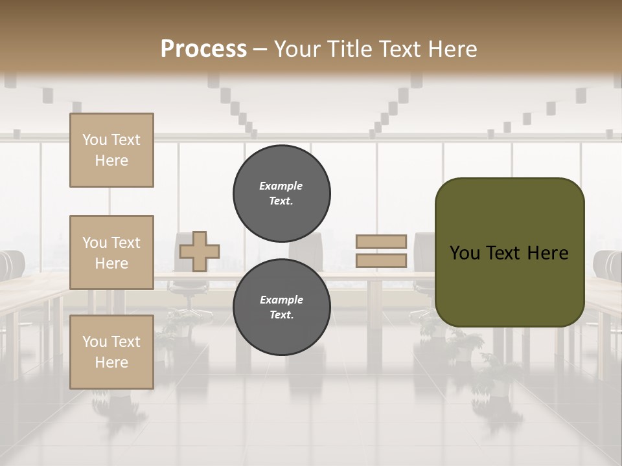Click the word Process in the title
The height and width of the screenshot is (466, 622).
203,49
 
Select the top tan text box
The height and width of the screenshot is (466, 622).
111,150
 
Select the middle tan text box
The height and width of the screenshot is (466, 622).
111,252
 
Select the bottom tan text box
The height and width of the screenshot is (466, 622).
111,352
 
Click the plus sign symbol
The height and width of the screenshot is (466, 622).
200,251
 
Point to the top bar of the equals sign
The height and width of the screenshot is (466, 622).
381,242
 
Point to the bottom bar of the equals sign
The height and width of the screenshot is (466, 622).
381,261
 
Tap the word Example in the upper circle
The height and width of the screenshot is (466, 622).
281,186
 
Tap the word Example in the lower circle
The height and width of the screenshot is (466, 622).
281,300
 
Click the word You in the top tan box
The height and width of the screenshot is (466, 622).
95,140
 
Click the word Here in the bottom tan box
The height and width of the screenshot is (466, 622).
111,362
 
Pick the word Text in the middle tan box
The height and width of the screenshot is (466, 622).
126,243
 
